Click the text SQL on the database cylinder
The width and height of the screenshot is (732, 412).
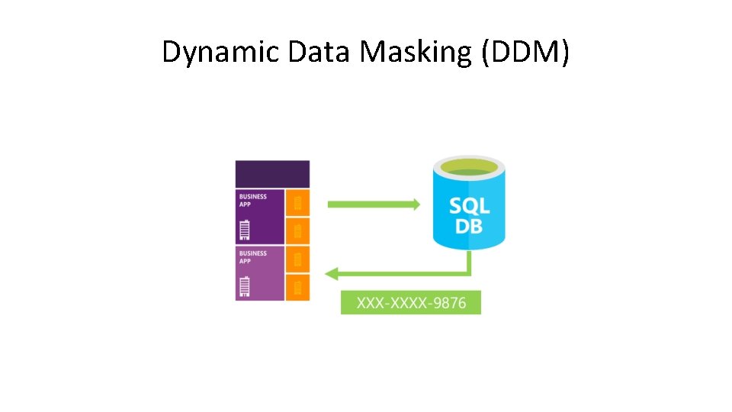tap(469, 204)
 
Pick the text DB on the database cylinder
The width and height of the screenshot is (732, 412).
tap(469, 226)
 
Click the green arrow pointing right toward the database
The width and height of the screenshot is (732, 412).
tap(373, 204)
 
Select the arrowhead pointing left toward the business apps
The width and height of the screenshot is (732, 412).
tap(332, 272)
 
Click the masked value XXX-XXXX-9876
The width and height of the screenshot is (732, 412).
tap(411, 303)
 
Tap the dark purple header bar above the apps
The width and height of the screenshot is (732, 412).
tap(272, 174)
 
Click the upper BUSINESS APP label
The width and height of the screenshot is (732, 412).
tap(252, 200)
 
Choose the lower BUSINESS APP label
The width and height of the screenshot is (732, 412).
tap(252, 257)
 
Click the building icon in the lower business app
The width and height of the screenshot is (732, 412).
tap(245, 286)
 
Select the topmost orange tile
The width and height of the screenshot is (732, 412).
tap(297, 203)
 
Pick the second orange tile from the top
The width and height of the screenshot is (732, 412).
tap(297, 230)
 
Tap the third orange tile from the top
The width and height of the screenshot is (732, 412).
tap(297, 259)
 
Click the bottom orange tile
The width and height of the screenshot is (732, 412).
tap(297, 288)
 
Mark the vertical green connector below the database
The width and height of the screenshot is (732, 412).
tap(469, 261)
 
